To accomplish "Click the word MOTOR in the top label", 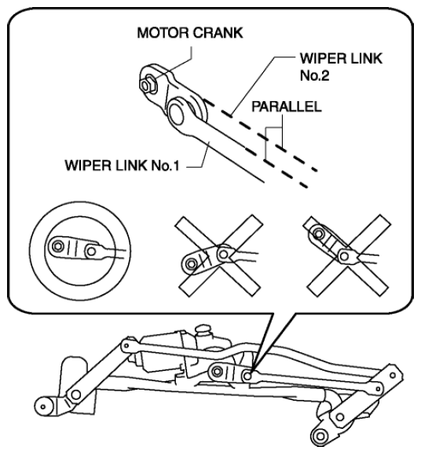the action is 163,33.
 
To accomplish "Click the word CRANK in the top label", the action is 218,33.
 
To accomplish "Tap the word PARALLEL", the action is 287,107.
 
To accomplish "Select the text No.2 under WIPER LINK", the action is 315,75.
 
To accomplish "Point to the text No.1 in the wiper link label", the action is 165,165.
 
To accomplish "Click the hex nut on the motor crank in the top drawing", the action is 148,84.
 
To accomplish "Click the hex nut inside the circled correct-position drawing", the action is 58,246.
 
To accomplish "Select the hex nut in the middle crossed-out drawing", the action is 191,263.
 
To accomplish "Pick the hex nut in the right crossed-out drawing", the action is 319,234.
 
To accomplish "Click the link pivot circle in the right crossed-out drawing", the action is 344,256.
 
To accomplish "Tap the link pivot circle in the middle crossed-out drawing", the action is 223,255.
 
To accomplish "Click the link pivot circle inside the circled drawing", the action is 92,251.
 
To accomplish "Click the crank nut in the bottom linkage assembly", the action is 217,372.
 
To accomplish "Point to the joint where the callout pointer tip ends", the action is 247,376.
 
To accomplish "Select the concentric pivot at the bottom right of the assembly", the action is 320,436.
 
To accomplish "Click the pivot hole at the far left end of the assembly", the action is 43,407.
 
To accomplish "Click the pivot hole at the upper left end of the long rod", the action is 126,345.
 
